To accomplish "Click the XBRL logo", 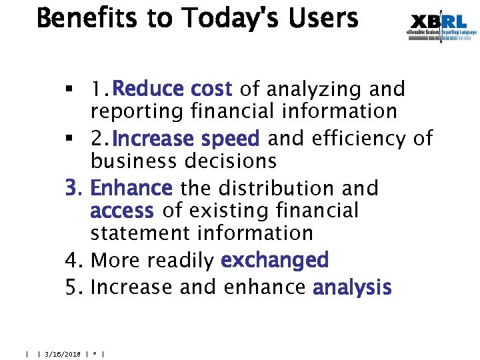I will pos(442,27).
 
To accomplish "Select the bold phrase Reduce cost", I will pos(172,89).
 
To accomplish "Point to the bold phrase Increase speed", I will pos(186,139).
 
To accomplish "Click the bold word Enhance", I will pos(131,188).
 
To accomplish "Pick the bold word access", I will pos(122,211).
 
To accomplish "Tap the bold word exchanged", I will pos(275,260).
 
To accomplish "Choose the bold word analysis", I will pos(352,287).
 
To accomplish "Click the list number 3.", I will pos(73,188).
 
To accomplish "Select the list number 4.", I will pos(73,260).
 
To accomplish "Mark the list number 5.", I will pos(73,287).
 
